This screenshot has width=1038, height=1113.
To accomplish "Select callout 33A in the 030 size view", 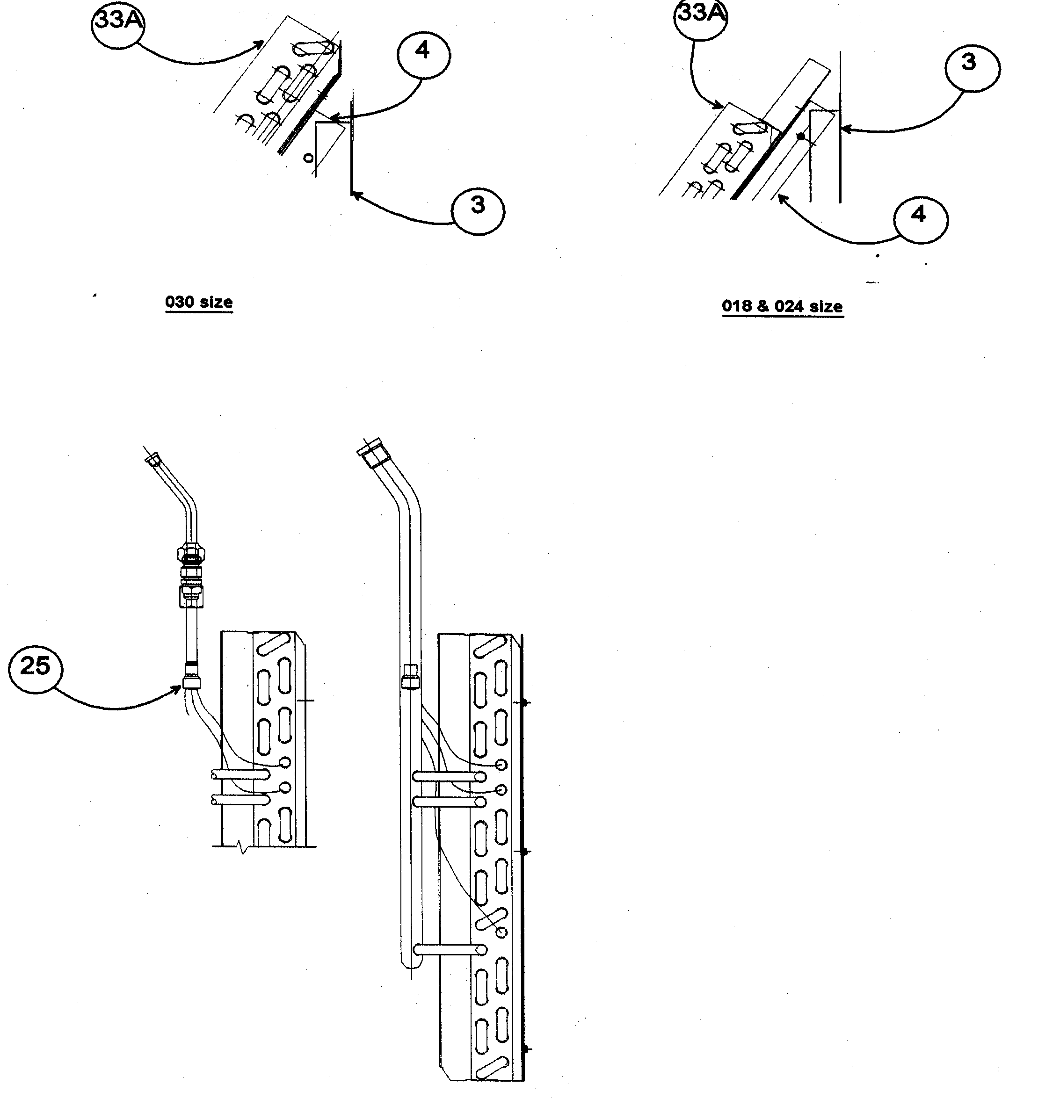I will click(117, 23).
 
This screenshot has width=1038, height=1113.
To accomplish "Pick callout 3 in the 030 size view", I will click(478, 210).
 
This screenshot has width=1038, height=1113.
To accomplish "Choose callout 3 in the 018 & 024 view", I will click(972, 68).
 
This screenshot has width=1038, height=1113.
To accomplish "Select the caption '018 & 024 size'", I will click(782, 307).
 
